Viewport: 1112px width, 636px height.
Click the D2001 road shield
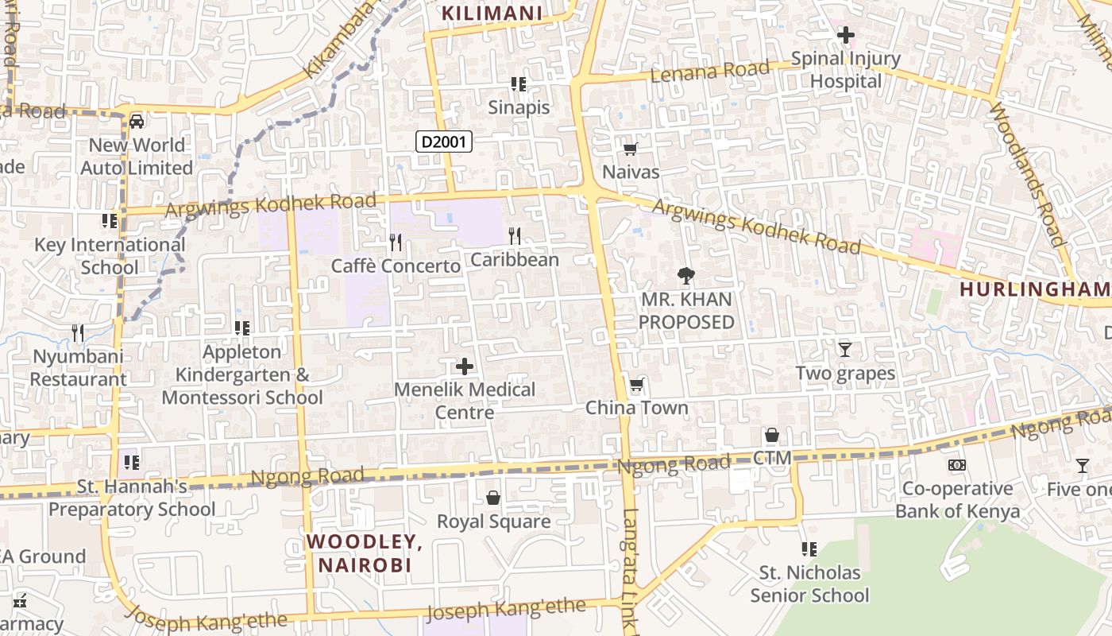pyautogui.click(x=444, y=142)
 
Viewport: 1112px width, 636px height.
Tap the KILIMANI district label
pyautogui.click(x=492, y=13)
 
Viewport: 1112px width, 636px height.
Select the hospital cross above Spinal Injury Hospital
pyautogui.click(x=845, y=35)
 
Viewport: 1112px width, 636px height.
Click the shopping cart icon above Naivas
pyautogui.click(x=631, y=149)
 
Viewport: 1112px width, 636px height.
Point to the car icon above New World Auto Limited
pyautogui.click(x=137, y=122)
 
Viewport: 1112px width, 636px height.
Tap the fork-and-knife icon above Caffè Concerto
pyautogui.click(x=396, y=242)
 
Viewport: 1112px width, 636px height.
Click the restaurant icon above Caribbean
pyautogui.click(x=515, y=235)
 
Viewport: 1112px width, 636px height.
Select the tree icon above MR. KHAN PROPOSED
pyautogui.click(x=686, y=276)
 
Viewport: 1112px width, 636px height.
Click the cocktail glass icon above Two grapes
pyautogui.click(x=845, y=349)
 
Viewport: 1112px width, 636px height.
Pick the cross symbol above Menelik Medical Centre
pyautogui.click(x=465, y=366)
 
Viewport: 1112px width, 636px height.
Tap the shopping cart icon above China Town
pyautogui.click(x=636, y=386)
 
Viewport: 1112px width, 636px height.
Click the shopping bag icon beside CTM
pyautogui.click(x=771, y=436)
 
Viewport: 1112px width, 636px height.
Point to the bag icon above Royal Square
pyautogui.click(x=493, y=498)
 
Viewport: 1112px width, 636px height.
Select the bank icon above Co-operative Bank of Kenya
pyautogui.click(x=957, y=465)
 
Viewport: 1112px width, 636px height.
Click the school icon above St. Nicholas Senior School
pyautogui.click(x=809, y=549)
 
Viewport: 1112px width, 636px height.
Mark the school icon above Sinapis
pyautogui.click(x=519, y=84)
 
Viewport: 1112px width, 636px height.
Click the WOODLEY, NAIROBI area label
pyautogui.click(x=365, y=553)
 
